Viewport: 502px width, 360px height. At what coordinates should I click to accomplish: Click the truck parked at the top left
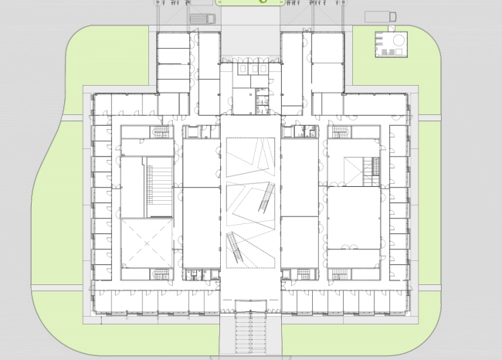tap(201, 19)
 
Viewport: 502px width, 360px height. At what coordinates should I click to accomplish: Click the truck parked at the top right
tap(380, 17)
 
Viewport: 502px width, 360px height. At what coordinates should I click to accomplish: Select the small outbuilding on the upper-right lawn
tap(390, 44)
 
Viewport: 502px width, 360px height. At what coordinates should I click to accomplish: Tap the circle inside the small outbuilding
tap(397, 39)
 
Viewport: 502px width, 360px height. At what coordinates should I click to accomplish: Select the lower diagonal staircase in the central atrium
tap(235, 250)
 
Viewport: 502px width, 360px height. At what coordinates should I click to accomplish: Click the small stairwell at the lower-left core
tap(160, 273)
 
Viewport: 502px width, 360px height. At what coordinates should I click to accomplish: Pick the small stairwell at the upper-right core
tap(340, 132)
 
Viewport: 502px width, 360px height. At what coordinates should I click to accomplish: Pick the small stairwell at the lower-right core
tap(340, 273)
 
